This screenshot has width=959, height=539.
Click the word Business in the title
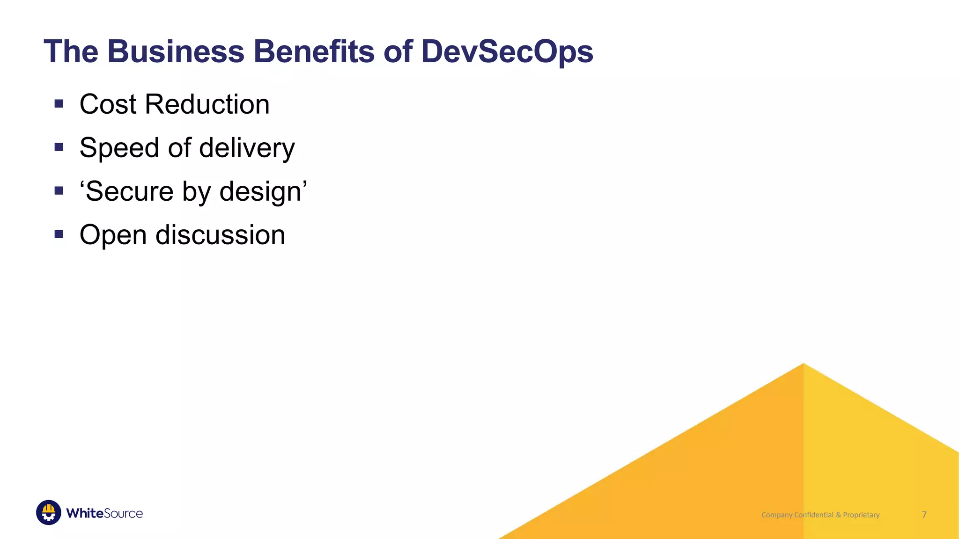(x=176, y=51)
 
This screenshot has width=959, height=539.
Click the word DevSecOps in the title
(x=507, y=51)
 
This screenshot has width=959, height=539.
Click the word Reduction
(x=207, y=104)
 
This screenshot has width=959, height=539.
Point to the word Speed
(x=119, y=148)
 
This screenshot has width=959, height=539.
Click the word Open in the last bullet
(x=113, y=235)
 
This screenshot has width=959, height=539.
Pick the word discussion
(x=220, y=235)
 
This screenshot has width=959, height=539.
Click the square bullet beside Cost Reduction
(x=59, y=104)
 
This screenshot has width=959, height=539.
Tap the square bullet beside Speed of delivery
(x=59, y=147)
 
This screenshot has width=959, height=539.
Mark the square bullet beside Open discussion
(x=59, y=234)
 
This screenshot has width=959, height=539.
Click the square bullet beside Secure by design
(x=59, y=191)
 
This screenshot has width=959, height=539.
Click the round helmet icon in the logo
(x=49, y=512)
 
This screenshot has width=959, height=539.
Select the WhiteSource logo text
(x=104, y=513)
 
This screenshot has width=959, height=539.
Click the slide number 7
(x=924, y=515)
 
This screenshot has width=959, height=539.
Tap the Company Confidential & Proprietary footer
(x=820, y=515)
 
